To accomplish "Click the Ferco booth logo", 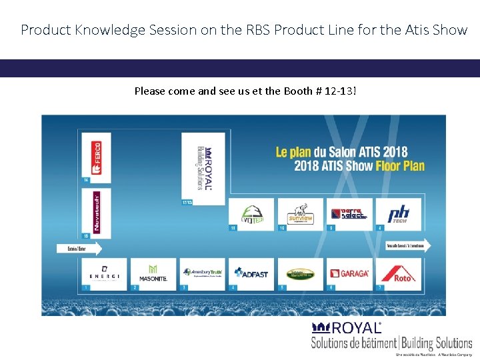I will (96, 157).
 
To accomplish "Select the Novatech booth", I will (96, 211).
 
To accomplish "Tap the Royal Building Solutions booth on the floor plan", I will (205, 167).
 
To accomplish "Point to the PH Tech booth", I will (398, 214).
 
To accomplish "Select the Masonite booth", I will (153, 273).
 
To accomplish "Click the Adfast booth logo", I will (251, 273).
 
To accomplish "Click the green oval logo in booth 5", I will (301, 273).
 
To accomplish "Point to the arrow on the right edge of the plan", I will (408, 245).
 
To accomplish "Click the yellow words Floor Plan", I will (400, 166).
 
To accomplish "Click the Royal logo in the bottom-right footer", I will (347, 328).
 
